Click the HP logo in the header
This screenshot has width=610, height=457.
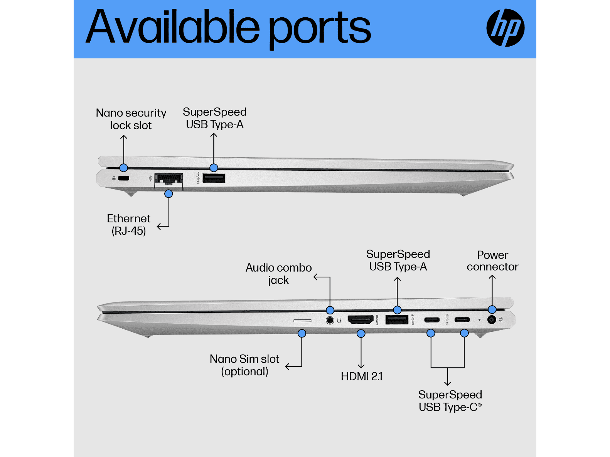[505, 28]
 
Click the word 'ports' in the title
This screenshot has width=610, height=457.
[320, 29]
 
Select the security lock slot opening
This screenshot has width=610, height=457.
[123, 178]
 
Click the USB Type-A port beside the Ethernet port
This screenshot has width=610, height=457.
[214, 178]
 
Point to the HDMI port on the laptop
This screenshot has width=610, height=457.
[361, 319]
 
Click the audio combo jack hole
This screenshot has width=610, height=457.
[330, 320]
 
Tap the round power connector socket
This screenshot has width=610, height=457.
[492, 319]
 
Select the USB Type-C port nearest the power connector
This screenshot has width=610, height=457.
[462, 320]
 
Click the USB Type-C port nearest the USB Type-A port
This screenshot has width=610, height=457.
[432, 320]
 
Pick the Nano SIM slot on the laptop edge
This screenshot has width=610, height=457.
[302, 321]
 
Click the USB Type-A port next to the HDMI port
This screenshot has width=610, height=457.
[396, 319]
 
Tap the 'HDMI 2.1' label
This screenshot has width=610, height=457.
[362, 376]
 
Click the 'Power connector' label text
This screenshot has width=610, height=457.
[492, 261]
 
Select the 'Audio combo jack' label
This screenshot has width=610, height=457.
[278, 274]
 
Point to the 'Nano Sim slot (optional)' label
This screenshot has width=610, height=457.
[244, 365]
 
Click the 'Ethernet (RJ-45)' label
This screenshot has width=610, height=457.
[129, 225]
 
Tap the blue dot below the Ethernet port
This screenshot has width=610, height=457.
[169, 193]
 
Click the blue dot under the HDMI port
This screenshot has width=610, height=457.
[361, 333]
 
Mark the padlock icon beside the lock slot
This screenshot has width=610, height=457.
[114, 178]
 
